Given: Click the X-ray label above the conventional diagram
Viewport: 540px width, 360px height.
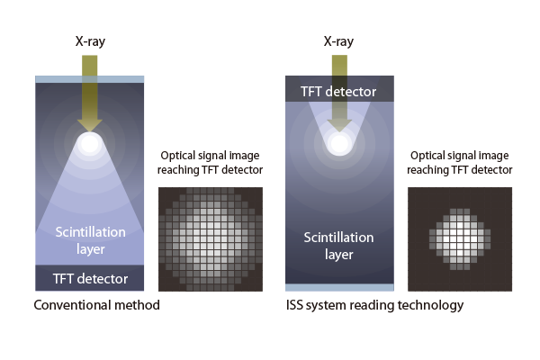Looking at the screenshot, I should [89, 41].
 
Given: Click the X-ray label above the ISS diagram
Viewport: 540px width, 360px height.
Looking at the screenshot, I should [338, 41].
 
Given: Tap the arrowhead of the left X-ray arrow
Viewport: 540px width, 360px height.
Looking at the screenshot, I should [89, 123].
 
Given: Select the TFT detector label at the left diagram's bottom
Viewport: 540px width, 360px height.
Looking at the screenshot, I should [89, 278].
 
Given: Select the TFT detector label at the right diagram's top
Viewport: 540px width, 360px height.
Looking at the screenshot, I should [338, 90].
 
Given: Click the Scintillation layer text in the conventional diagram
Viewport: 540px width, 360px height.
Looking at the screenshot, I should [89, 238].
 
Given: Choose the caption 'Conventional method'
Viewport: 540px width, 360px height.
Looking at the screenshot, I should [96, 305].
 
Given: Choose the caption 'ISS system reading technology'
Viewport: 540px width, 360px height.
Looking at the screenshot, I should [373, 305].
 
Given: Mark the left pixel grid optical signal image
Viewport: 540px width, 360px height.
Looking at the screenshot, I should [210, 238].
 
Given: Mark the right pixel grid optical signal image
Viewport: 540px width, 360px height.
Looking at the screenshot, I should [460, 238].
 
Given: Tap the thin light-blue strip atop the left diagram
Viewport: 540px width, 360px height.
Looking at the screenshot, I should [89, 79].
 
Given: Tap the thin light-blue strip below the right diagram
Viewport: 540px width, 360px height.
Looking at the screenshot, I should [338, 286].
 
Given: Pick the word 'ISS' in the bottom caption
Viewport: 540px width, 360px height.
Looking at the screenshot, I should [294, 305].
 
